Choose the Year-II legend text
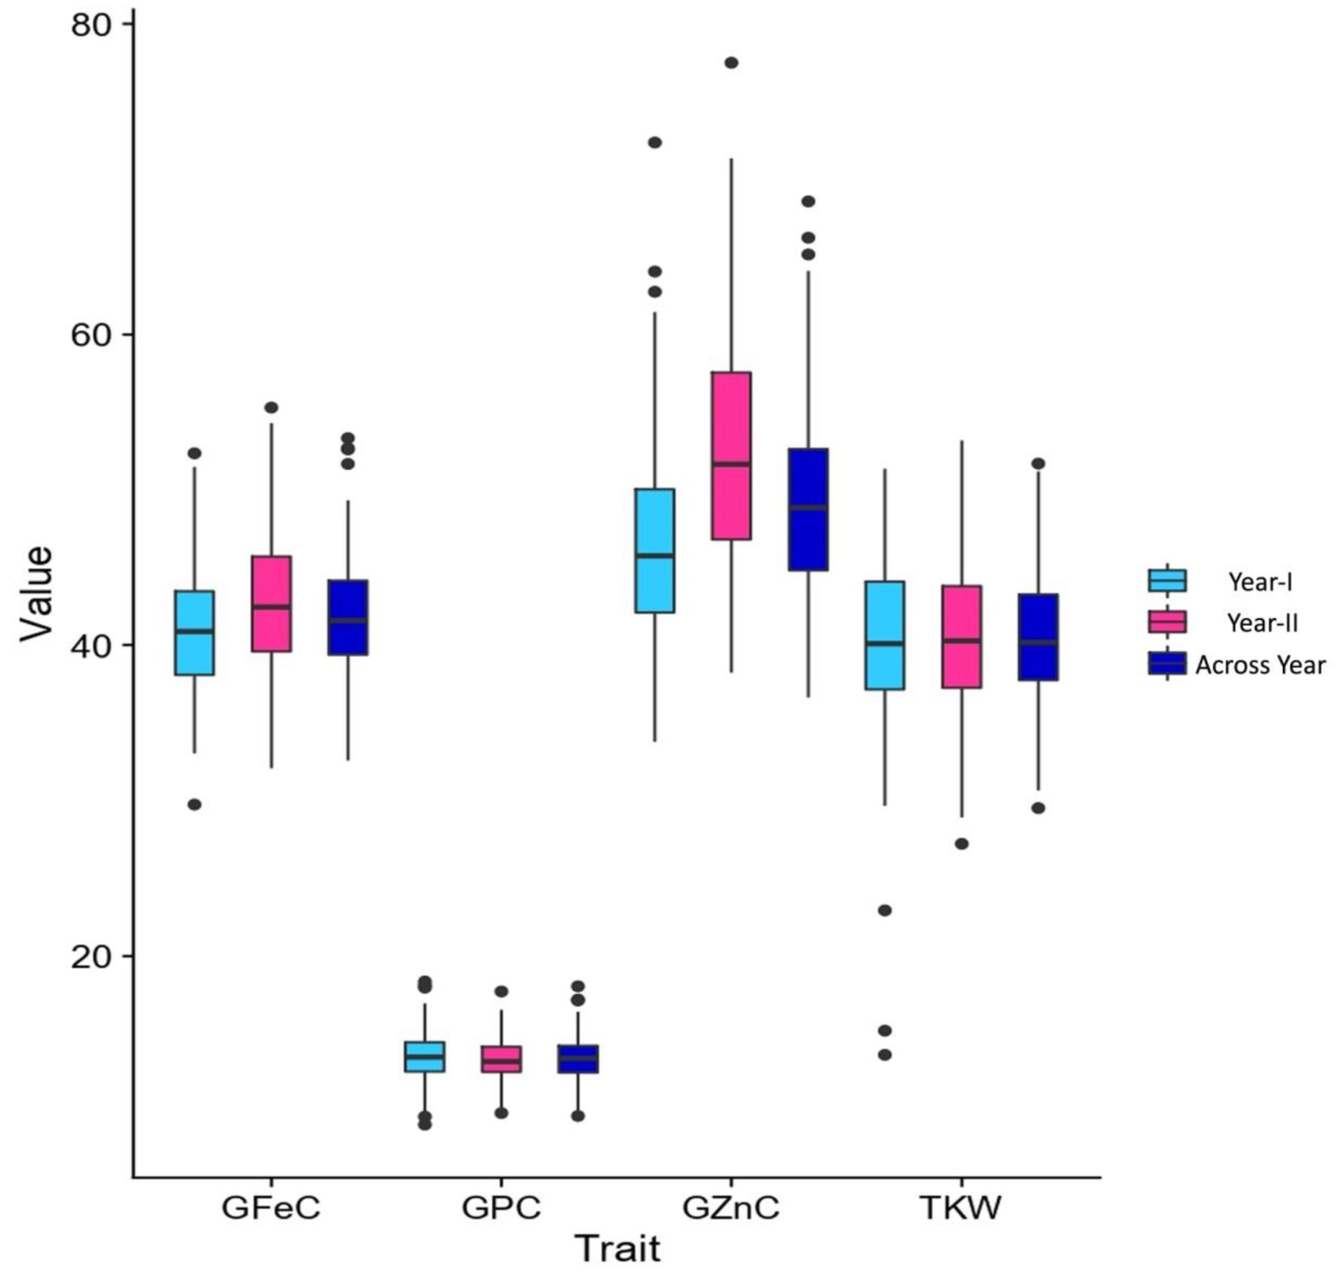point(1263,623)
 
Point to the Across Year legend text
point(1260,665)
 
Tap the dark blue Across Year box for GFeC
point(348,617)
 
